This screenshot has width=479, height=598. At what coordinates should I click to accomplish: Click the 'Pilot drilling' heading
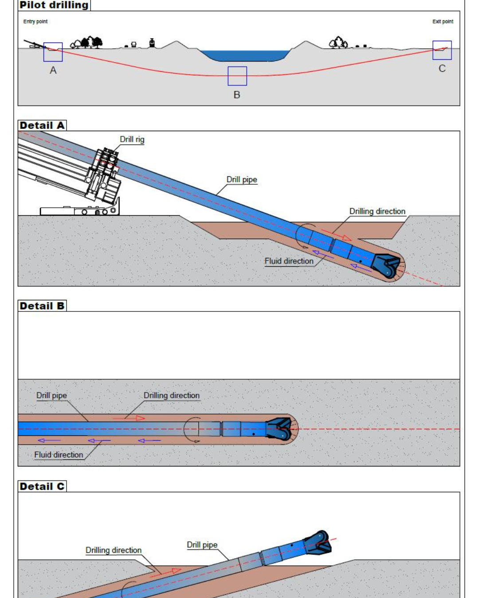[54, 5]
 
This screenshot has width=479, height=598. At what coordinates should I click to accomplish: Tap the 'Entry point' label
[35, 21]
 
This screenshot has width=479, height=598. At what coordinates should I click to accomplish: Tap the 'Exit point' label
[443, 21]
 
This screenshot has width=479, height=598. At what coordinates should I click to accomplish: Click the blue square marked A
[53, 52]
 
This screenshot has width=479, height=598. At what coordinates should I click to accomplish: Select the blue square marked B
[237, 76]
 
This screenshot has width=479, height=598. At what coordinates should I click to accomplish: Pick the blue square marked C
[442, 50]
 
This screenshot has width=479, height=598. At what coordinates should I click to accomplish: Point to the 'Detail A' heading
[42, 125]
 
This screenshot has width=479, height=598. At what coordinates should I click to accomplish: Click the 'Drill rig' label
[132, 139]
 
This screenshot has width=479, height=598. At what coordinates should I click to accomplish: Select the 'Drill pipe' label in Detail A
[242, 179]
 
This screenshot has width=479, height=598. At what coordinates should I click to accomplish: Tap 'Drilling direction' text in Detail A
[377, 211]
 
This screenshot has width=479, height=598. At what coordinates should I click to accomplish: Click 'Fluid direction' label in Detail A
[289, 261]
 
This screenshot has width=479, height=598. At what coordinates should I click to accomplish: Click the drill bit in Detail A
[387, 266]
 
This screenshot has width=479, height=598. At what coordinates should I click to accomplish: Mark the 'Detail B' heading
[42, 306]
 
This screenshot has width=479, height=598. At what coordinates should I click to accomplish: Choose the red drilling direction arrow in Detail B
[129, 418]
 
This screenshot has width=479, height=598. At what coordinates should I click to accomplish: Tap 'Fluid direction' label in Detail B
[59, 454]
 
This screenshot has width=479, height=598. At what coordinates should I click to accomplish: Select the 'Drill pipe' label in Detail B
[51, 395]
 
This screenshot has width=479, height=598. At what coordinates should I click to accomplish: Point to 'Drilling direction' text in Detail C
[114, 550]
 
